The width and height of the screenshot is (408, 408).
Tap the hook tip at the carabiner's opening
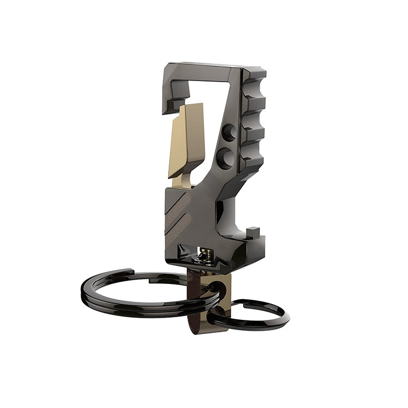click(173, 103)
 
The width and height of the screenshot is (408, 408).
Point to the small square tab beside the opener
click(252, 234)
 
